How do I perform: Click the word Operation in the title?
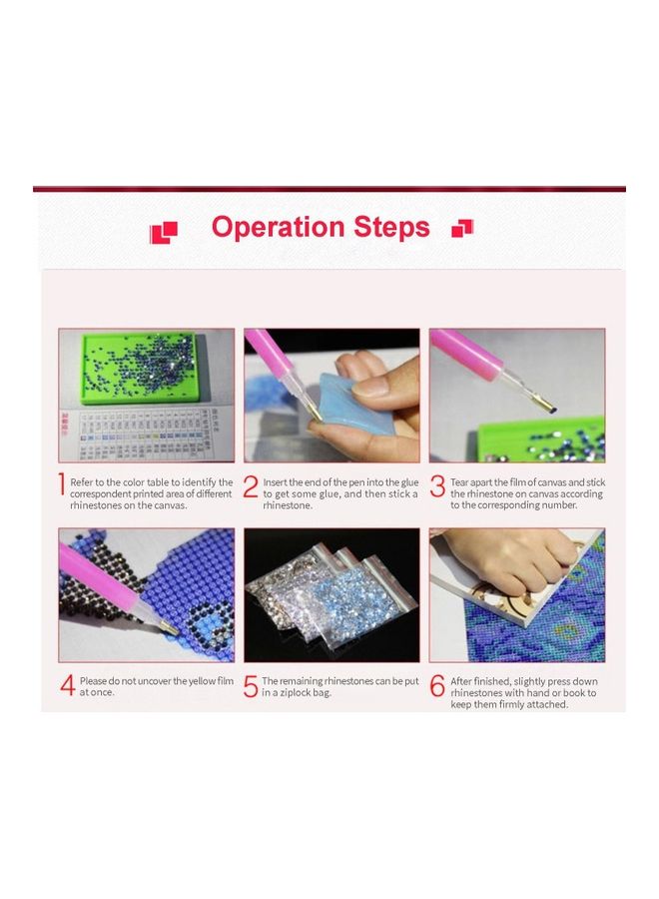277,228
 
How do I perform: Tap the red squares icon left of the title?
163,233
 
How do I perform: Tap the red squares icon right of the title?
462,229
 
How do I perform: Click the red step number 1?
62,486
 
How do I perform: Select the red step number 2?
251,486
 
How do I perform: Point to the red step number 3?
437,486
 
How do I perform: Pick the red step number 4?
67,686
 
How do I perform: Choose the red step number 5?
251,686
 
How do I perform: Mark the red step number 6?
437,686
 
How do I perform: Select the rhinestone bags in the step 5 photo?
329,595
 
